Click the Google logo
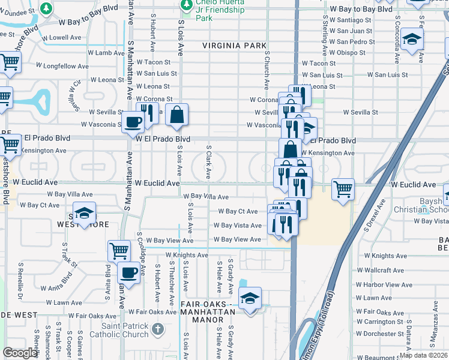(20, 353)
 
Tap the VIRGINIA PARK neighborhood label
(234, 46)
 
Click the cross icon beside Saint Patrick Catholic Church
(157, 329)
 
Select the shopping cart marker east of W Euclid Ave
(343, 190)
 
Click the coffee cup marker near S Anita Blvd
(128, 273)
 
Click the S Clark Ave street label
(208, 161)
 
